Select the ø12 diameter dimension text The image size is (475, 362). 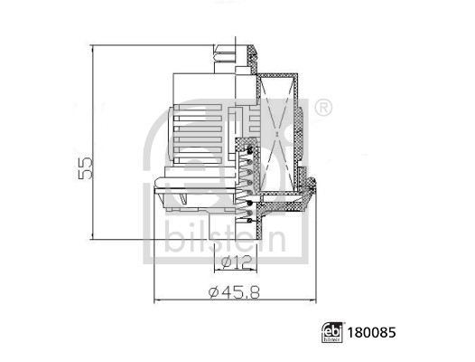pyautogui.click(x=234, y=262)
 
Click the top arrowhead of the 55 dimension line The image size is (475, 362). pyautogui.click(x=92, y=45)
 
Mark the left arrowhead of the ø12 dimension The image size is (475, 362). pyautogui.click(x=218, y=271)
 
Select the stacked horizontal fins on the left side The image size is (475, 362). pyautogui.click(x=195, y=136)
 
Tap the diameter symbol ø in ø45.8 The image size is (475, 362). pyautogui.click(x=214, y=291)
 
